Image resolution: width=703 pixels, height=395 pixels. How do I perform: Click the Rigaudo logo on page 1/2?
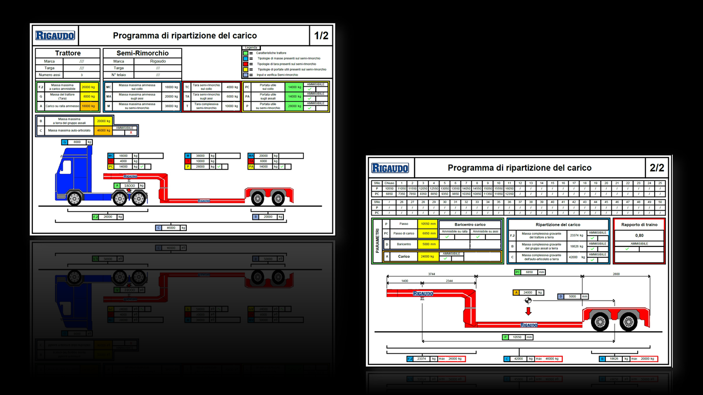(x=55, y=36)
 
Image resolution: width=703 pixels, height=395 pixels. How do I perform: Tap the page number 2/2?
(x=657, y=168)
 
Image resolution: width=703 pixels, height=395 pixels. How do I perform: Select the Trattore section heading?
(x=68, y=53)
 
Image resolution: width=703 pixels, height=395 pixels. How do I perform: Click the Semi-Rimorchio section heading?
(x=142, y=53)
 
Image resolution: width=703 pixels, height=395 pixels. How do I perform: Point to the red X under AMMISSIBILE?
(x=131, y=133)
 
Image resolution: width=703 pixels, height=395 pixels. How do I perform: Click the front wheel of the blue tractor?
(x=74, y=199)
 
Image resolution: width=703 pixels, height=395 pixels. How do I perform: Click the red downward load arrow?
(x=528, y=312)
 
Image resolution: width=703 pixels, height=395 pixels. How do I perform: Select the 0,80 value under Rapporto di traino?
(x=639, y=235)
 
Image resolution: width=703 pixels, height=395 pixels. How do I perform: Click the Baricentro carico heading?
(x=470, y=224)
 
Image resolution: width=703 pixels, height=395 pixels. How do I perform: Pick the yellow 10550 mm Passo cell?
(x=428, y=224)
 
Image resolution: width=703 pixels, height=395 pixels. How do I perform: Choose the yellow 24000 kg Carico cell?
(x=428, y=256)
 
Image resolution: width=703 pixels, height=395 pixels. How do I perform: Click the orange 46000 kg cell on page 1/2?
(x=103, y=131)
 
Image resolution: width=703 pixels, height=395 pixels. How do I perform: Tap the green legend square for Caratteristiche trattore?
(x=246, y=53)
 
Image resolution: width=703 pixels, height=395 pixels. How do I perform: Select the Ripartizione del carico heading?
(x=557, y=224)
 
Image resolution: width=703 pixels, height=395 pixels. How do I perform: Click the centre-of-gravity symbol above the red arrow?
(x=528, y=300)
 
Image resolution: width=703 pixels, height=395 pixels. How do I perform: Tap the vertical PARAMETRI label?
(x=377, y=241)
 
